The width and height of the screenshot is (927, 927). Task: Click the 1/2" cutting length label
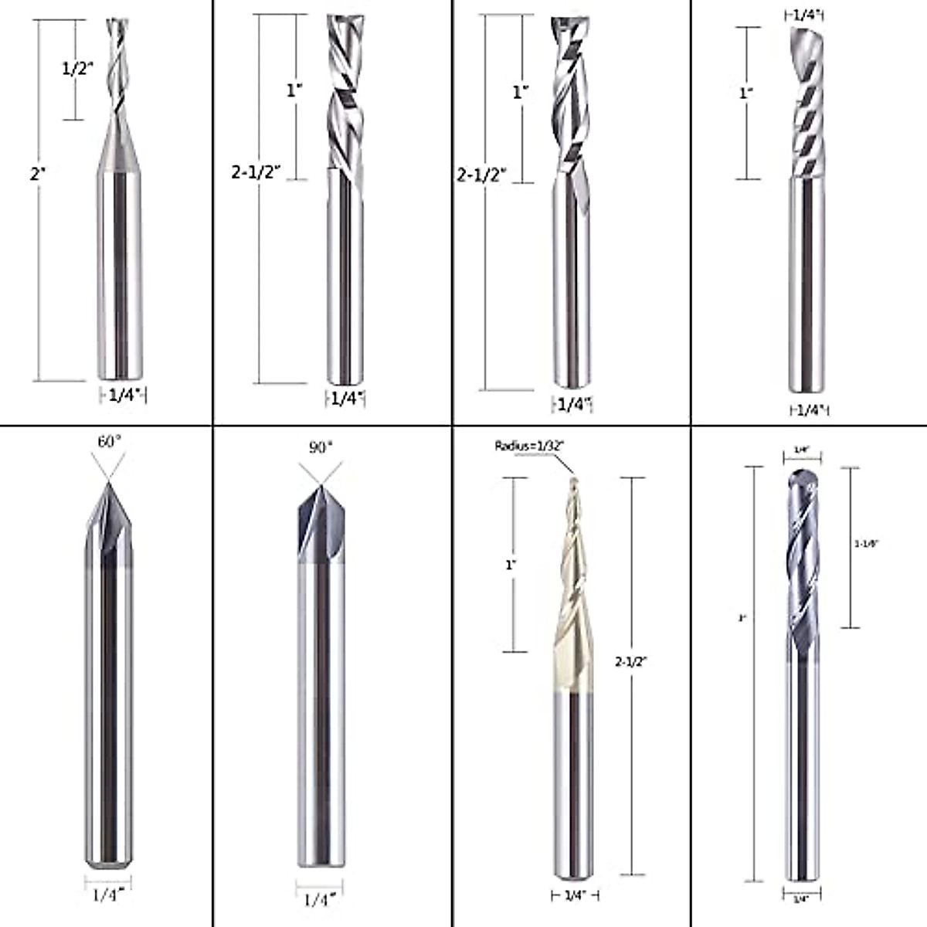pos(76,68)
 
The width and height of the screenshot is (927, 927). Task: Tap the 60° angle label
pos(109,442)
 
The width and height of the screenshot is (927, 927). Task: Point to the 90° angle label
pos(319,447)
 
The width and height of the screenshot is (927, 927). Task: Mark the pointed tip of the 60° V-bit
pos(108,484)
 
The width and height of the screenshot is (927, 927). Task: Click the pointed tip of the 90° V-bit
pos(318,485)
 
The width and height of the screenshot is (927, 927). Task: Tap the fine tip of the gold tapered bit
pos(572,480)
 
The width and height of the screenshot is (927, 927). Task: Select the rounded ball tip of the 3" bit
pos(803,475)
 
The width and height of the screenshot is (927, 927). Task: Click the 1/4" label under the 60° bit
pos(107,896)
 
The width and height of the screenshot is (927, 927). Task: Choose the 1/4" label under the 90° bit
pos(319,899)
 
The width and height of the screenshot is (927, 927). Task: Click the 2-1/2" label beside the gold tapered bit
pos(630,661)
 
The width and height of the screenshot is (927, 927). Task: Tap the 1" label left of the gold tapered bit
pos(510,565)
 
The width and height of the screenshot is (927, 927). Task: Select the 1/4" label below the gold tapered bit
pos(575,895)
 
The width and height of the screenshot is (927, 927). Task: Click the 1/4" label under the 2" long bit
pos(123,396)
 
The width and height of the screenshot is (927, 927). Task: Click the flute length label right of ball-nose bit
pos(866,544)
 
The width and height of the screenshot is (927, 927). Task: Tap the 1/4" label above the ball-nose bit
pos(802,449)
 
